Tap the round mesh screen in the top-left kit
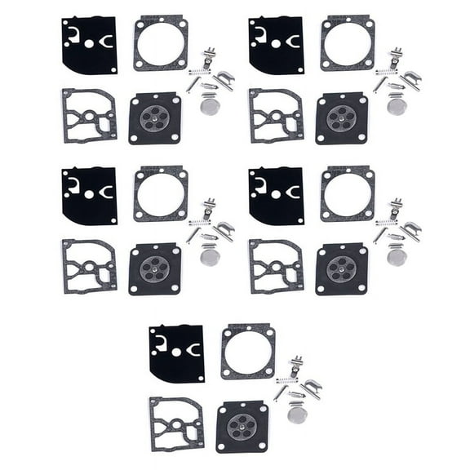click(x=209, y=105)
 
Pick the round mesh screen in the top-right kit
click(x=397, y=105)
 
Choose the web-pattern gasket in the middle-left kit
click(x=88, y=267)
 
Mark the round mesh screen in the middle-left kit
click(x=209, y=256)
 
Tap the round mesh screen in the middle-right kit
click(x=397, y=256)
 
